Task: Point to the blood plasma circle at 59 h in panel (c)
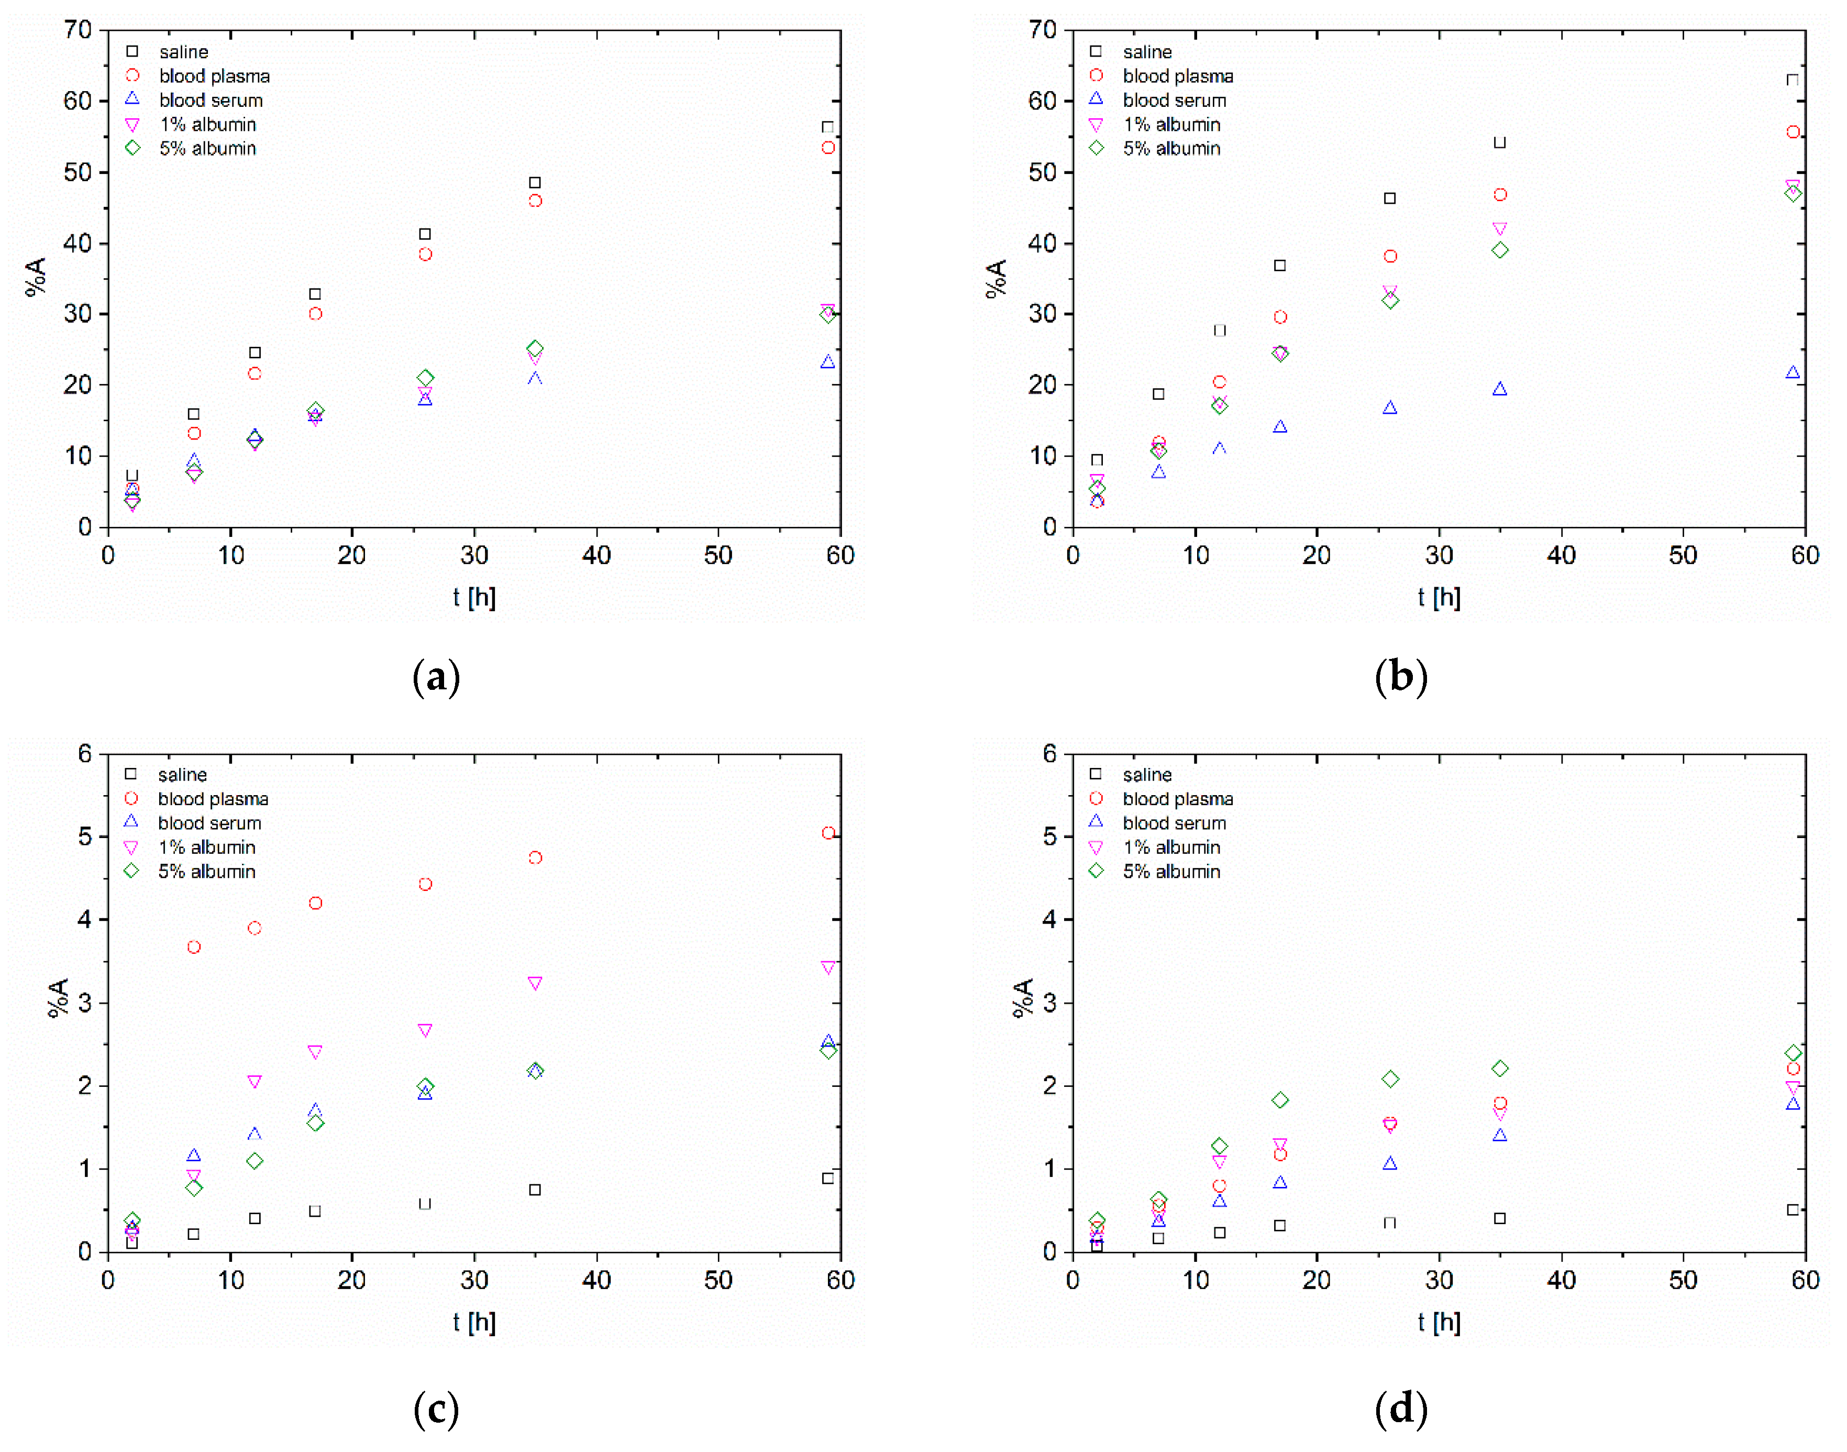828,833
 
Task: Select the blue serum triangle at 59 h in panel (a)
828,362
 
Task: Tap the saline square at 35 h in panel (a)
535,183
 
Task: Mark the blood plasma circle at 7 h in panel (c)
194,947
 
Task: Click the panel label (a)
436,677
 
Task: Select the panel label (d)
1401,1409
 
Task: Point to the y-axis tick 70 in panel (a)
78,30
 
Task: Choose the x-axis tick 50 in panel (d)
1683,1280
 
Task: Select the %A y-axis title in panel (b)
996,278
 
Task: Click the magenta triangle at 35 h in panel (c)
535,984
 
